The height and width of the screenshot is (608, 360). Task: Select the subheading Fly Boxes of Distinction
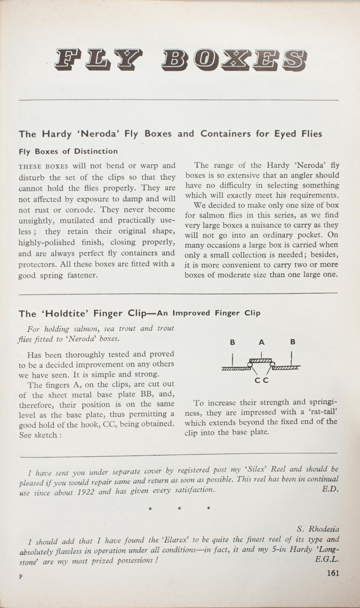[68, 151]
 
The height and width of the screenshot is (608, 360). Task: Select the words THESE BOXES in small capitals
[43, 167]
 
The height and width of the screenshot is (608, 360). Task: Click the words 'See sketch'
[38, 435]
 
